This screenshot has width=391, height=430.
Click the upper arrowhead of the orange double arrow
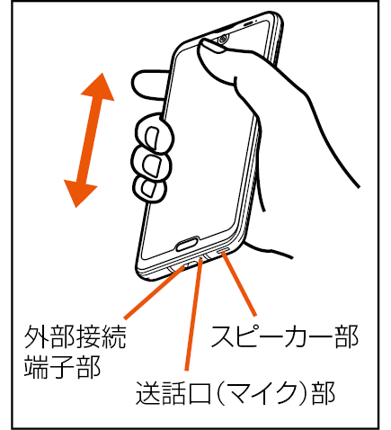pos(99,87)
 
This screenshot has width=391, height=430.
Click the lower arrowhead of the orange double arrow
pos(80,193)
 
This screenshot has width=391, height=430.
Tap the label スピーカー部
pos(285,336)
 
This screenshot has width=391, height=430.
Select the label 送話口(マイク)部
pos(235,393)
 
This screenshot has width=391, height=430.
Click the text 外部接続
pos(75,337)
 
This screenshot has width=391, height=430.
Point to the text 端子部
pos(62,366)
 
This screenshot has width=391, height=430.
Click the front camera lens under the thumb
pos(223,39)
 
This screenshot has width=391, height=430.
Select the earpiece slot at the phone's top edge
pos(248,22)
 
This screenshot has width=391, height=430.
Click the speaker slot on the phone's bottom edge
pos(224,251)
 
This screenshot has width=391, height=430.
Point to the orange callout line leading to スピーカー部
pos(239,284)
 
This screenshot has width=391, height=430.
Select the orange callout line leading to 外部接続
pos(155,291)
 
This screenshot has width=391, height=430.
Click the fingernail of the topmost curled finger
pos(152,139)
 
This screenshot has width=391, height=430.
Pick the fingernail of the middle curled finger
pos(152,165)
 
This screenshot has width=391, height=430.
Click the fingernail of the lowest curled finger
pos(148,189)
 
